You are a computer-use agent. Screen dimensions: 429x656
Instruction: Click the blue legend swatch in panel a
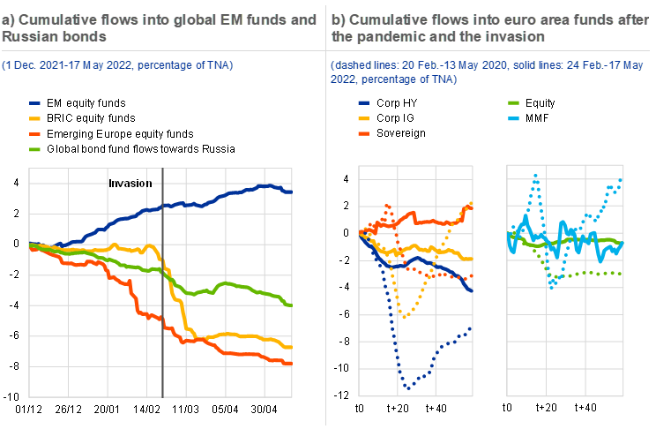(x=34, y=103)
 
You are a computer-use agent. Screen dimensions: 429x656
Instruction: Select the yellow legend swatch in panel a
(x=34, y=118)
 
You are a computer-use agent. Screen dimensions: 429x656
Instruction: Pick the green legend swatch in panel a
(x=34, y=149)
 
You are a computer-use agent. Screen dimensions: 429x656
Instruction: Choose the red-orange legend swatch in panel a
(x=34, y=133)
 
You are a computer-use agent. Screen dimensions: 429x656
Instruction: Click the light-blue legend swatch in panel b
(x=512, y=118)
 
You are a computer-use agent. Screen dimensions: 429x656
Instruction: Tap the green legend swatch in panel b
(x=512, y=103)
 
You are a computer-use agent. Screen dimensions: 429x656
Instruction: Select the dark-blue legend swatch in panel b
(x=362, y=103)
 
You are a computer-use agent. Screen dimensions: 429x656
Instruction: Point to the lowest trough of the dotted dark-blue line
(x=407, y=387)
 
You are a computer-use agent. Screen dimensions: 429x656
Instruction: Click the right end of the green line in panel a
(x=291, y=305)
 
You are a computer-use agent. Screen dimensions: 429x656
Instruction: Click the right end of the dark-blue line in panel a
(x=291, y=192)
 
